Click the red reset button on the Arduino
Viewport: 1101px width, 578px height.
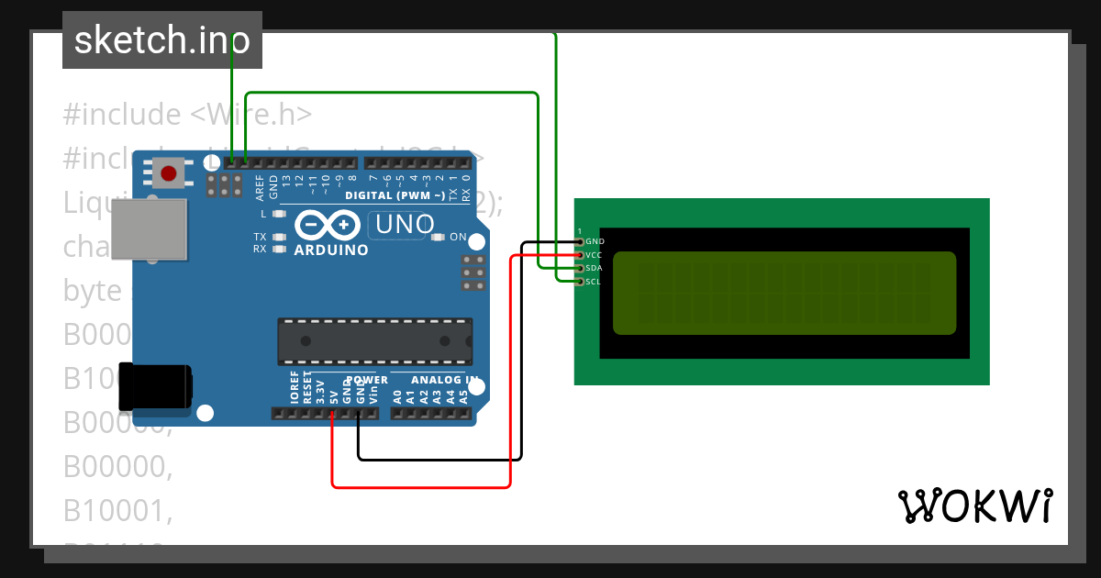tap(169, 172)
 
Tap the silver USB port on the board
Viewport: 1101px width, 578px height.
tap(149, 230)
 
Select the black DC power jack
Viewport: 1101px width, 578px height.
tap(156, 386)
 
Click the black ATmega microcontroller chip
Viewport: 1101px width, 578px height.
tap(375, 341)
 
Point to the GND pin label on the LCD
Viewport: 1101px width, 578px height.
tap(595, 241)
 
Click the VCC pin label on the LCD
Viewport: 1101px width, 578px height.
tap(594, 254)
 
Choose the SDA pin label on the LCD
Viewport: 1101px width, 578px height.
tap(594, 268)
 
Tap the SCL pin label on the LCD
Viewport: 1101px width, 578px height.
tap(594, 282)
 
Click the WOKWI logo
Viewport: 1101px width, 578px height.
tap(974, 506)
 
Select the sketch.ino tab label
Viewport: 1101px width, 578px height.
tap(162, 39)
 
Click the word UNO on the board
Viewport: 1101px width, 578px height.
tap(403, 224)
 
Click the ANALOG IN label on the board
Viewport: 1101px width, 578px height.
tap(444, 379)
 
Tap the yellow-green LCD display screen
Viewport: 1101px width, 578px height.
tap(784, 293)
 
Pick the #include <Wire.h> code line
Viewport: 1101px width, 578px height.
tap(187, 115)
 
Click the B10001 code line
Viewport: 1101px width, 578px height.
tap(117, 509)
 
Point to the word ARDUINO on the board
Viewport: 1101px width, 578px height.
tap(330, 250)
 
